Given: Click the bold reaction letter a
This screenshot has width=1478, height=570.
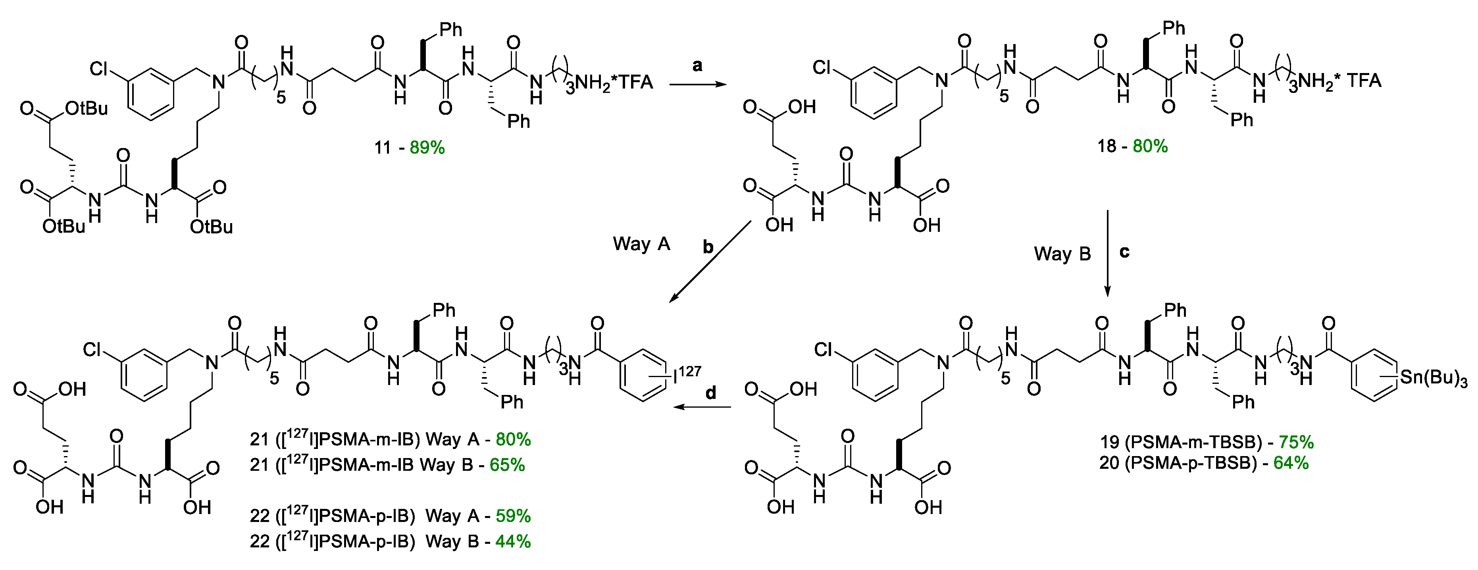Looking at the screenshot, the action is pyautogui.click(x=697, y=66).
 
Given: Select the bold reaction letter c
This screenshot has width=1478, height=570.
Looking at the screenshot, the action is pyautogui.click(x=1124, y=252).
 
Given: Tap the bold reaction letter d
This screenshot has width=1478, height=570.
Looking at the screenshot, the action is pyautogui.click(x=711, y=393).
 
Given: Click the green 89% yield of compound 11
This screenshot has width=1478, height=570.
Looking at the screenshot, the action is pyautogui.click(x=427, y=148).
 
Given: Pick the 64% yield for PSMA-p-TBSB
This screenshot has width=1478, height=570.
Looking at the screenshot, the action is pyautogui.click(x=1291, y=463).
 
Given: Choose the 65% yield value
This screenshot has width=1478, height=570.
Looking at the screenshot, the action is pyautogui.click(x=507, y=464).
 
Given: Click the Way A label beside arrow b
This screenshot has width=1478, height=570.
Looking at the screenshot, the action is pyautogui.click(x=641, y=244).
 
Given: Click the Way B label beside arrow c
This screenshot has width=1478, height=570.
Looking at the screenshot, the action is pyautogui.click(x=1062, y=254).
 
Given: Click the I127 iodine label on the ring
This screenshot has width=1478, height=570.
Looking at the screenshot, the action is pyautogui.click(x=686, y=375).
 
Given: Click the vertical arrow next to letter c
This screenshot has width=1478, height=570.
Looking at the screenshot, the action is pyautogui.click(x=1107, y=252).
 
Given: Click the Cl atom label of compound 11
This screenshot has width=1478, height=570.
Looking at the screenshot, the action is pyautogui.click(x=99, y=69).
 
